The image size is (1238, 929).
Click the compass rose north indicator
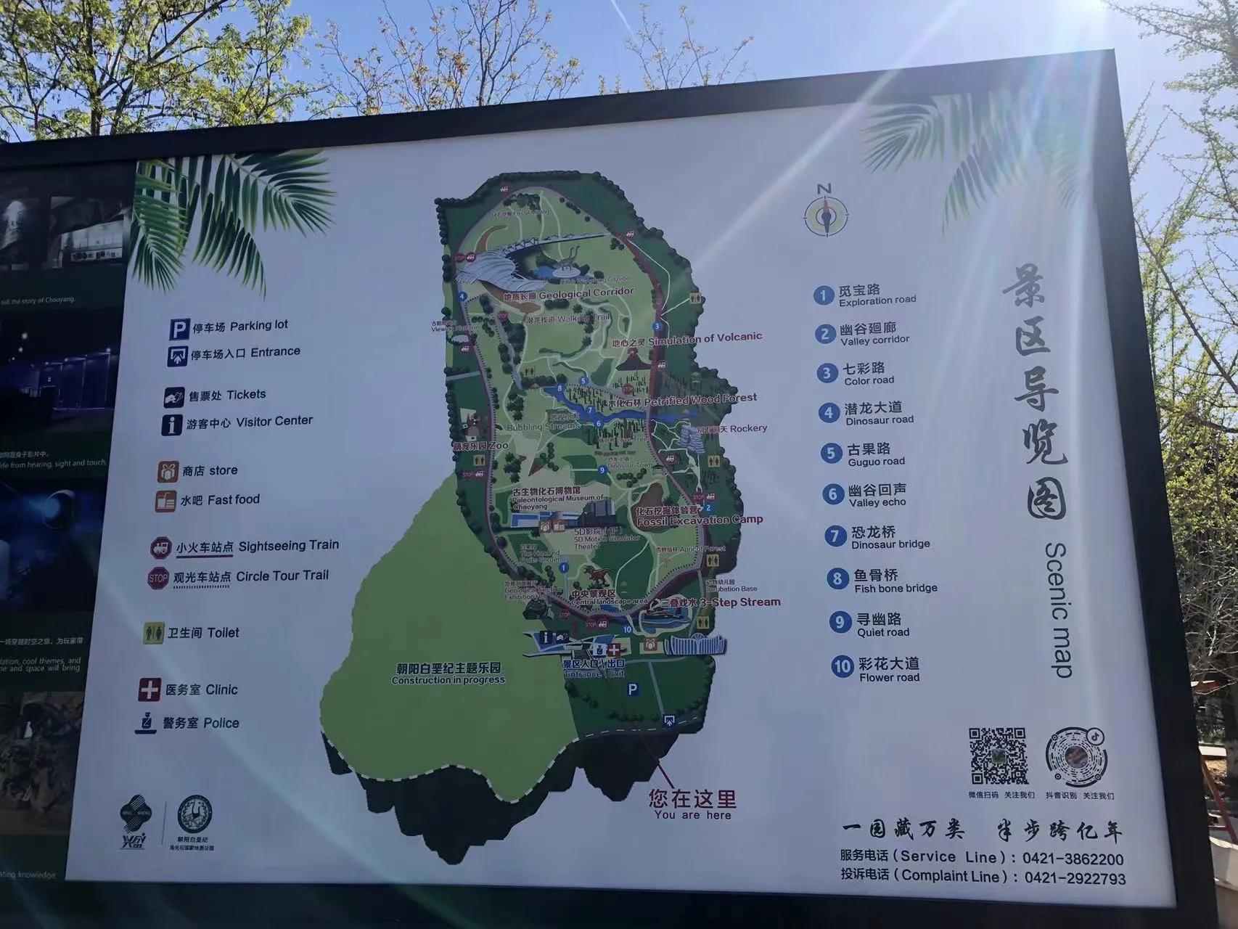826,213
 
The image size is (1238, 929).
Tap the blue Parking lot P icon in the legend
179,330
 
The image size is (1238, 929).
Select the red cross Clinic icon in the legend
149,689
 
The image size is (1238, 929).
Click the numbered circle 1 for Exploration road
822,295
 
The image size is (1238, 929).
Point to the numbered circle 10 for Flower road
842,666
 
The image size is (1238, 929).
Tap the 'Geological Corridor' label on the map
586,293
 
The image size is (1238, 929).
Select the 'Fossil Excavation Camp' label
700,520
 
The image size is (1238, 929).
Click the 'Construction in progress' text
448,680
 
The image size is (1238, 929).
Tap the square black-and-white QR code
999,756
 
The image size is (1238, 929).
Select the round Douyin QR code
1077,757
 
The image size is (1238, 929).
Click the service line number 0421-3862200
1073,859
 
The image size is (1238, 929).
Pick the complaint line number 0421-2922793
1075,878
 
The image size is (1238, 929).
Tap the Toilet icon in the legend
153,633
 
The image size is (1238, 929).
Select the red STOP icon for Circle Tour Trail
157,578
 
